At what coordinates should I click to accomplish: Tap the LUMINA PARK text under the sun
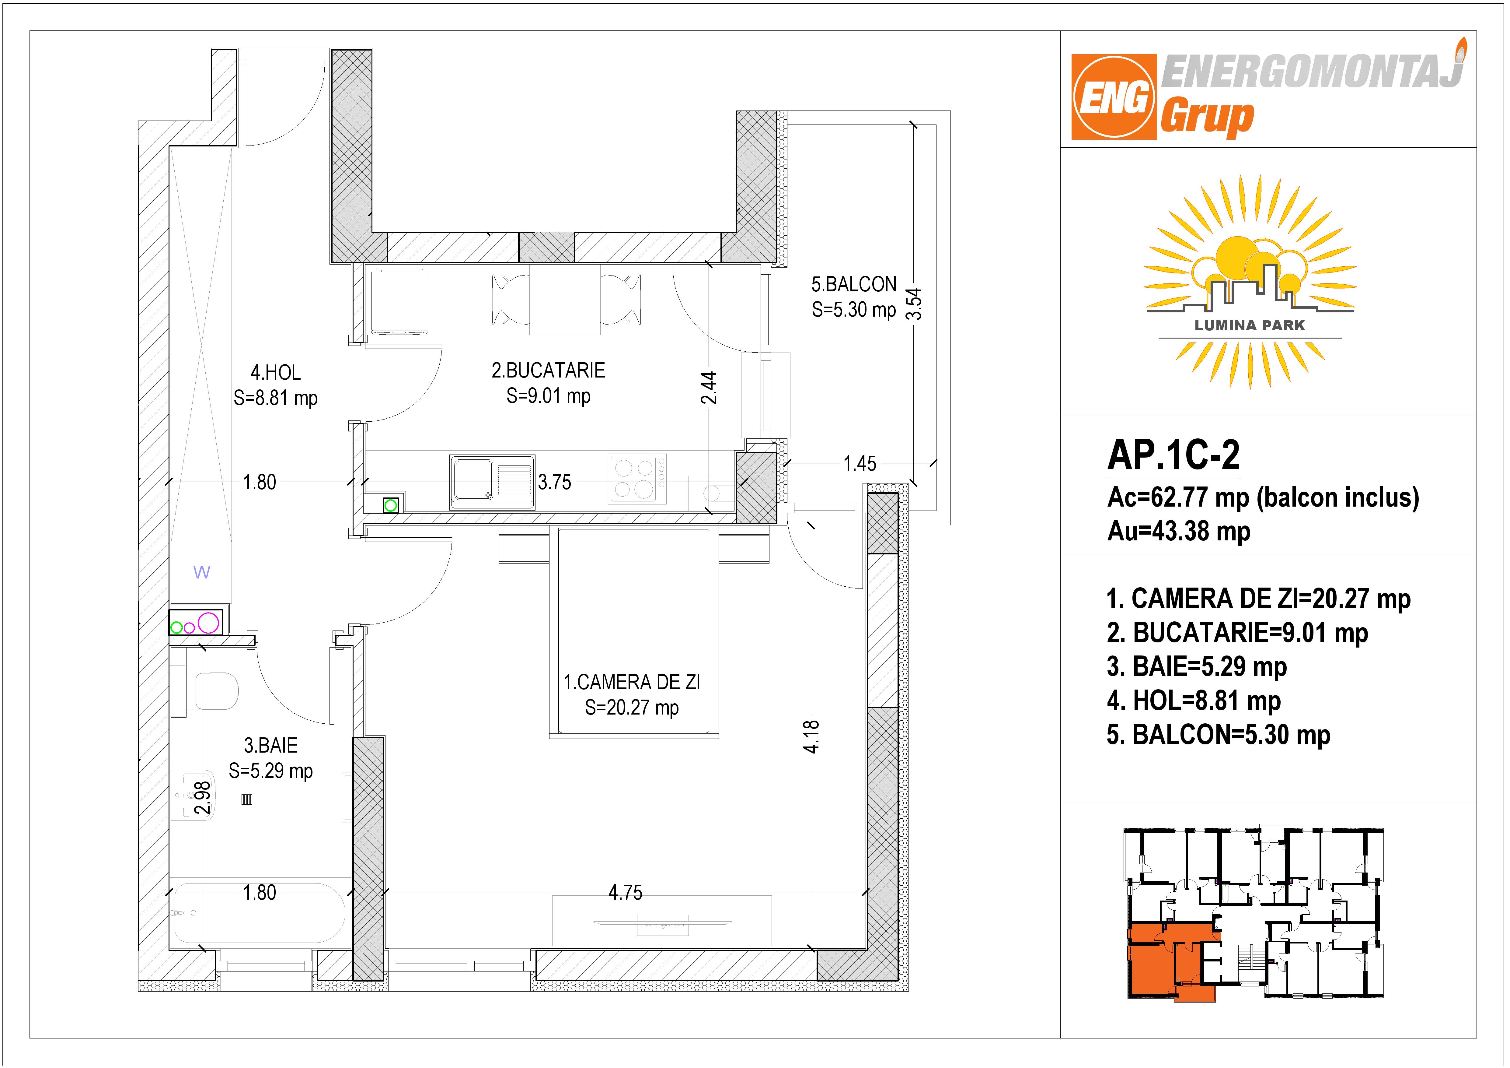coord(1250,325)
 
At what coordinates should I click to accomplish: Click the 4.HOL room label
coord(276,372)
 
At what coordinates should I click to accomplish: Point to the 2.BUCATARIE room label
coord(549,371)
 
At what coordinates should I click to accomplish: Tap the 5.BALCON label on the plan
coord(854,284)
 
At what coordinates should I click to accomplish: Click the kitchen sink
coord(492,482)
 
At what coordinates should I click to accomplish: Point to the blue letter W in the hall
coord(202,572)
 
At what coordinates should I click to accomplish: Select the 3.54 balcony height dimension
coord(914,304)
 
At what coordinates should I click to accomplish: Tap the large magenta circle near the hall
coord(208,623)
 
